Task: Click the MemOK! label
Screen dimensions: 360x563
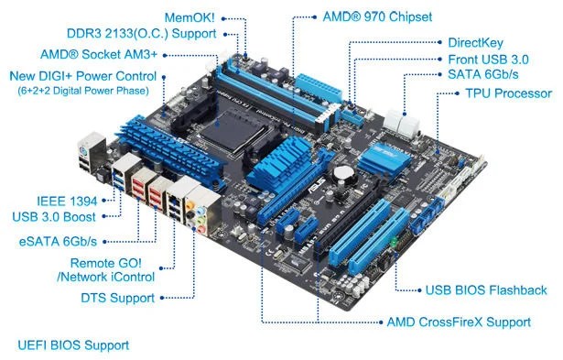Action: click(x=189, y=17)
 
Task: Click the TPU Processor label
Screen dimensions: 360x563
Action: click(x=508, y=93)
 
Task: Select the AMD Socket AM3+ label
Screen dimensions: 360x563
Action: click(x=98, y=55)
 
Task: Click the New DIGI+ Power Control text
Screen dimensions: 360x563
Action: click(x=81, y=76)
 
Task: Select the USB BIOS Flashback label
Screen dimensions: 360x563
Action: click(x=486, y=290)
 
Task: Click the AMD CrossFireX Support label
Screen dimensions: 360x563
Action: click(x=459, y=322)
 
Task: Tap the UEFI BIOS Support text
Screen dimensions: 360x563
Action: click(x=73, y=345)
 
